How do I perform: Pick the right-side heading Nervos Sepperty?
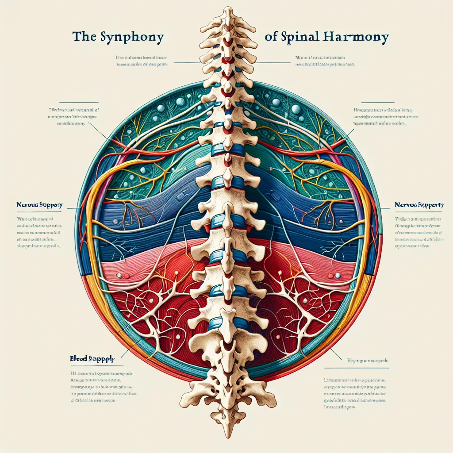click(419, 205)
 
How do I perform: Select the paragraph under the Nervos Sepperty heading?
click(420, 230)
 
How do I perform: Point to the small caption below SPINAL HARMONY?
click(325, 61)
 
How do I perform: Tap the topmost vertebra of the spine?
click(227, 15)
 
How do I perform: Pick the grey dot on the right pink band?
click(337, 275)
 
